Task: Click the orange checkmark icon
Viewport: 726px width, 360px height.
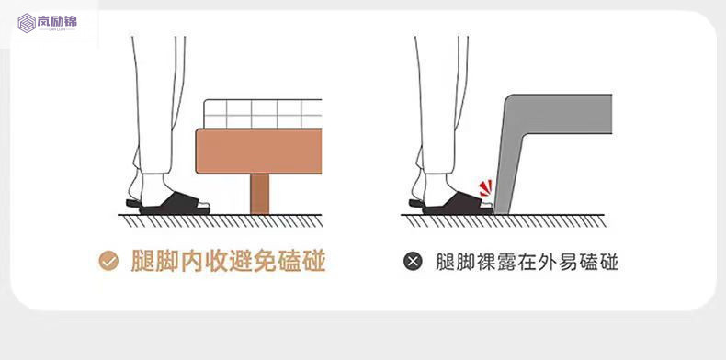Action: click(108, 262)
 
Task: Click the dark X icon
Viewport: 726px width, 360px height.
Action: click(414, 262)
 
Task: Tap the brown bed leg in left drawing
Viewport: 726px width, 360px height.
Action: click(260, 190)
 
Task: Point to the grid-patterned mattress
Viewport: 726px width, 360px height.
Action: click(263, 114)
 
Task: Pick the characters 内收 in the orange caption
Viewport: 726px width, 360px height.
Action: click(206, 262)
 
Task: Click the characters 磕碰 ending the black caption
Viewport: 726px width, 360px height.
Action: click(598, 262)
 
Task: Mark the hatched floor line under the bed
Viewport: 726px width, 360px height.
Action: click(221, 219)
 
